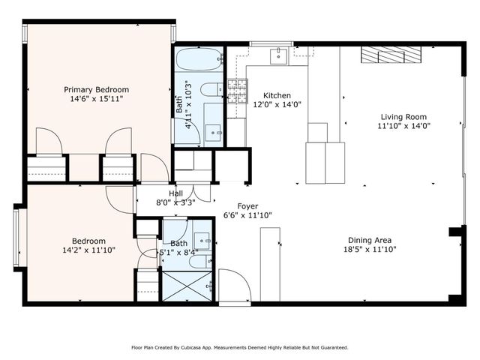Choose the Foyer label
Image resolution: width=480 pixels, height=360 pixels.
(x=248, y=205)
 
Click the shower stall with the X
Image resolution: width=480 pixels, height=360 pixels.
(x=188, y=286)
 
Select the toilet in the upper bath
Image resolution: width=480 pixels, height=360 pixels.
(x=209, y=89)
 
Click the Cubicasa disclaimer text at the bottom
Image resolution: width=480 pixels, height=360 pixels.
(x=240, y=347)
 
